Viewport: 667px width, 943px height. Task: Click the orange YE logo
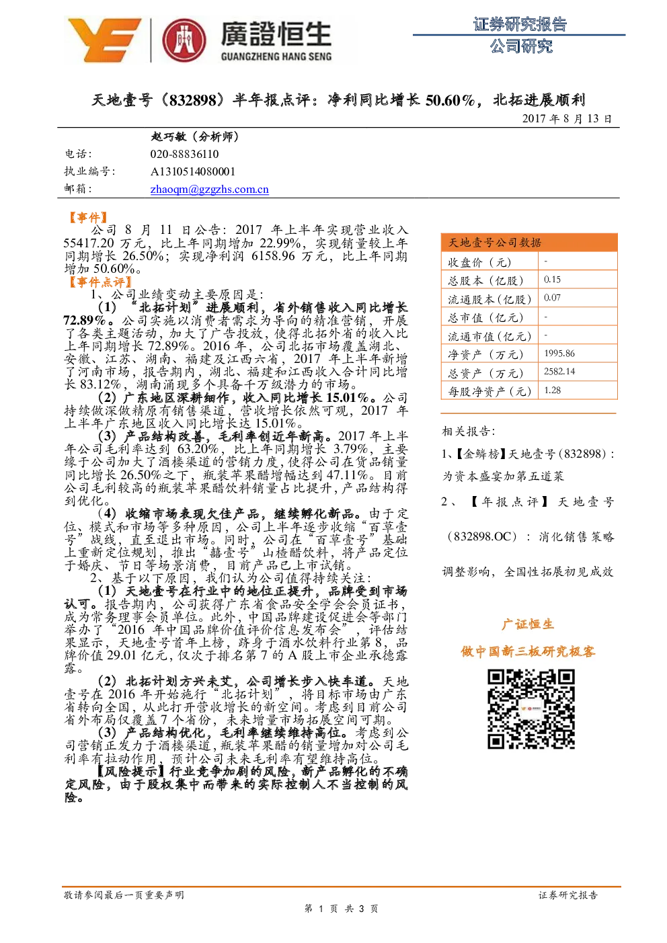coord(104,40)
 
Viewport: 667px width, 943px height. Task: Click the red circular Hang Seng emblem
coord(184,40)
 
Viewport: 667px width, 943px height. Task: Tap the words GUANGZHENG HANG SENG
coord(276,56)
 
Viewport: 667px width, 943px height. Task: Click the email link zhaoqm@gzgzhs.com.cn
coord(209,190)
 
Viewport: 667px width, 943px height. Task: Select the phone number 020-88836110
coord(184,154)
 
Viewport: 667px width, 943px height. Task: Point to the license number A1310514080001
coord(193,172)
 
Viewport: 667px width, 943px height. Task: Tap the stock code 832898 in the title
coord(192,100)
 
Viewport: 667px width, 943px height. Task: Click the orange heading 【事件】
coord(88,217)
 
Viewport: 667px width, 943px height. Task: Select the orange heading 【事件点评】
coord(101,282)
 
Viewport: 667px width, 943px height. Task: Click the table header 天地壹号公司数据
coord(495,243)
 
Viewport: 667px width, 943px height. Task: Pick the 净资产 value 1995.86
coord(559,354)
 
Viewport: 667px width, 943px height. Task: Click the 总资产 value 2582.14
coord(559,372)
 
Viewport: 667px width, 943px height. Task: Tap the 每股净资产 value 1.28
coord(552,391)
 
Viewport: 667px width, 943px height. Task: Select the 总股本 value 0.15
coord(552,280)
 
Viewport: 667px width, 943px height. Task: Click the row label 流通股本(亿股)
coord(489,299)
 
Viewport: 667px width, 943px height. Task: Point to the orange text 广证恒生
coord(528,624)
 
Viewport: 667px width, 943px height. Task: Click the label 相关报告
coord(468,431)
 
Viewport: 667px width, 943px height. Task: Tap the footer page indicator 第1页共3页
coord(341,920)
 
